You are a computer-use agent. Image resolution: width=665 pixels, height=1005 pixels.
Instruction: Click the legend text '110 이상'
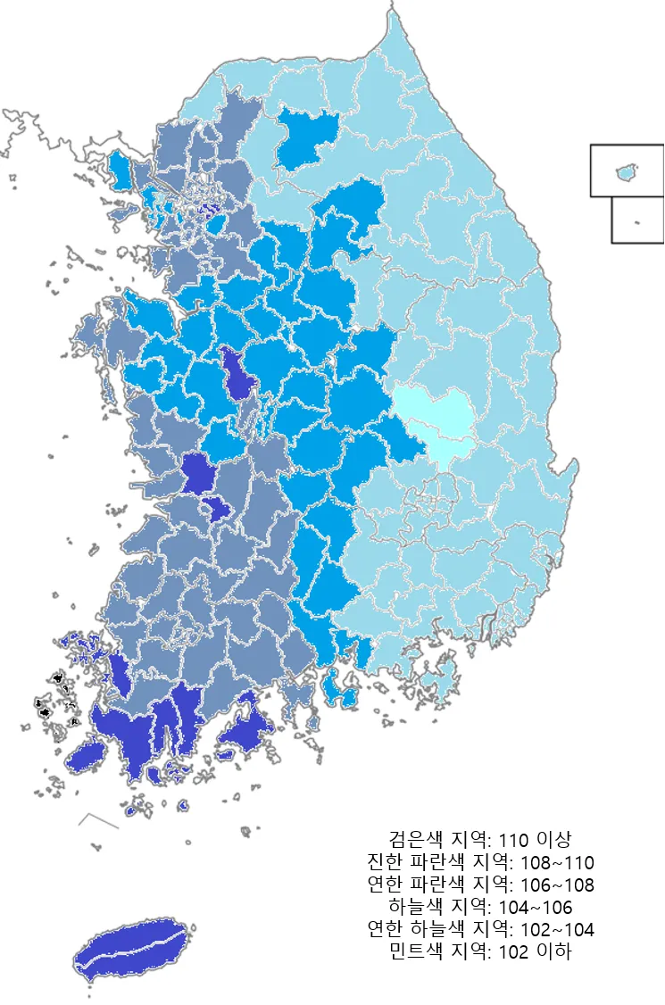point(535,840)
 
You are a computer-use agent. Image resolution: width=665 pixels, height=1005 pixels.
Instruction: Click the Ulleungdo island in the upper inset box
point(628,170)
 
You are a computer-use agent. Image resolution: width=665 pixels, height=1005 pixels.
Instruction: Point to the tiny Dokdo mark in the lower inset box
point(636,223)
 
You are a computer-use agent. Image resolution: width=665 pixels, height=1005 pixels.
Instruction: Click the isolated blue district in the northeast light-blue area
point(306,138)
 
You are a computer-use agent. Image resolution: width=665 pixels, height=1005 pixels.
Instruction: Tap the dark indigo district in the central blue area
point(238,375)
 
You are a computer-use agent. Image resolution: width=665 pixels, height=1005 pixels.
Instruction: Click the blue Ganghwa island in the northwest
point(119,166)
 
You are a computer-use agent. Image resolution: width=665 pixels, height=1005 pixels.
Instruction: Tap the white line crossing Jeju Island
point(134,944)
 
